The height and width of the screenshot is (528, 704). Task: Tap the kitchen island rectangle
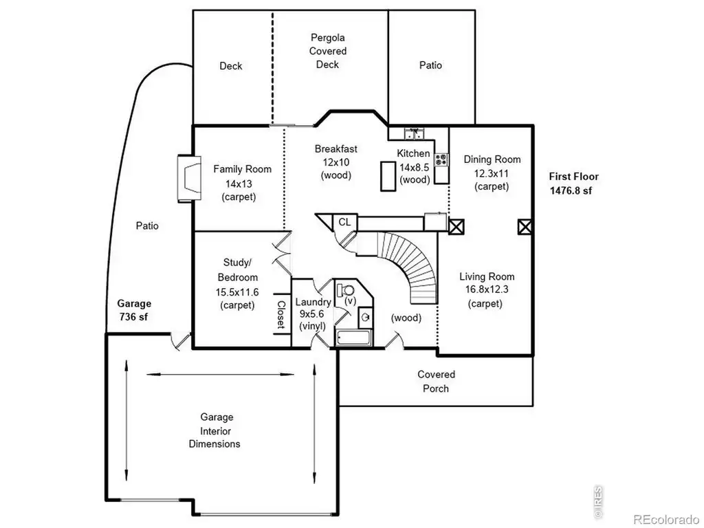(388, 176)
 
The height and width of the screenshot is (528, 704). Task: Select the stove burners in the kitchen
(441, 159)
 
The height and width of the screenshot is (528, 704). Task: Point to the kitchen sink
(414, 133)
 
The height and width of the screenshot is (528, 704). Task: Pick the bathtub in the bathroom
(354, 338)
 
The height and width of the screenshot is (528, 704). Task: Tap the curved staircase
(406, 265)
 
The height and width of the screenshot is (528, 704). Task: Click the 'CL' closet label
(344, 222)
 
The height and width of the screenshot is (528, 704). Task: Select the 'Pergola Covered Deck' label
(328, 51)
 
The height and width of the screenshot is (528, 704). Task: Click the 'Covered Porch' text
(436, 381)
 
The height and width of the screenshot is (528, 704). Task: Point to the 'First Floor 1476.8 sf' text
(573, 183)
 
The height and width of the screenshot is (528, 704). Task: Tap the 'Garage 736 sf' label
(134, 310)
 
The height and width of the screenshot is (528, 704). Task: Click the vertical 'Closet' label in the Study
(281, 315)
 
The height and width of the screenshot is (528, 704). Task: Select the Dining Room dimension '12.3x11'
(492, 173)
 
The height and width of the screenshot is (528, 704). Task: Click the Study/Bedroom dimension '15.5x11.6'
(237, 292)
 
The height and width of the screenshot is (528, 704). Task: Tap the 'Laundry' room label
(313, 302)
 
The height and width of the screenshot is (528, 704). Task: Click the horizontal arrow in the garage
(220, 373)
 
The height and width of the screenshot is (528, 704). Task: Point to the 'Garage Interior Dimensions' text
(215, 430)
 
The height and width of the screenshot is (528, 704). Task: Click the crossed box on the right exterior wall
(525, 226)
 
